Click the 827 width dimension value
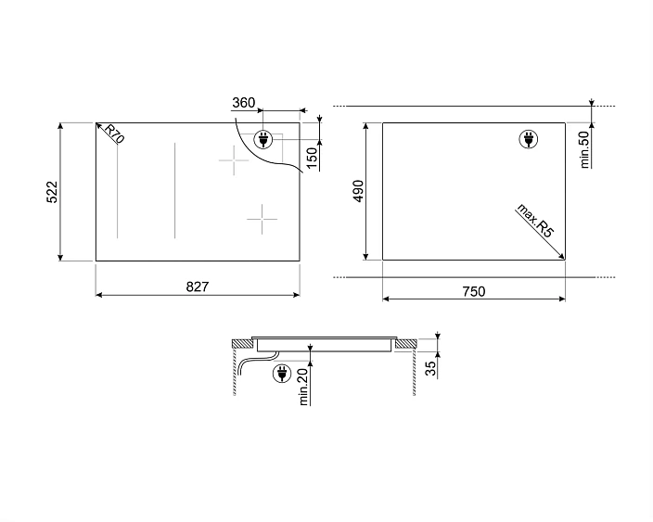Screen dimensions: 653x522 [197, 286]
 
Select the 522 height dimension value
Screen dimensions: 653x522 [52, 192]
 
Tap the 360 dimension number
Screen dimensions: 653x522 [244, 102]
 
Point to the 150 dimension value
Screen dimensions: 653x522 [312, 158]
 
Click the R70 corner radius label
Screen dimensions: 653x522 [114, 134]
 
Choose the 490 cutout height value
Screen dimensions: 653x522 [358, 192]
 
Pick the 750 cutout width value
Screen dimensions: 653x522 [474, 291]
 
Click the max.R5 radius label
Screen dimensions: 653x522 [535, 221]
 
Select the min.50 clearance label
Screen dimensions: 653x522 [584, 150]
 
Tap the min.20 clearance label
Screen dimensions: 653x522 [303, 387]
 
